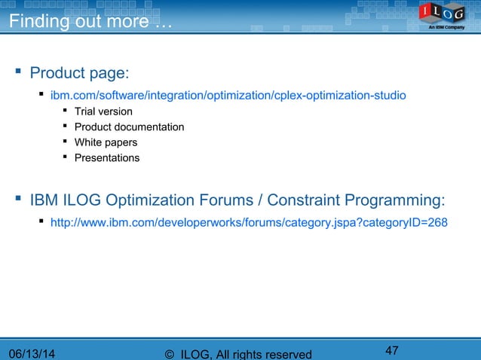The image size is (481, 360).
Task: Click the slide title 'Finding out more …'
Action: (90, 21)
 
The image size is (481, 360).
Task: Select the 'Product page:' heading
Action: (79, 73)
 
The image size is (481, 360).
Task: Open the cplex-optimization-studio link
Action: (228, 96)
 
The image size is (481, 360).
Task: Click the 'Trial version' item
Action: (103, 111)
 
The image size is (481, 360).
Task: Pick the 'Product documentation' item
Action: (129, 127)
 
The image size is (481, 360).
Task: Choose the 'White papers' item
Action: (106, 142)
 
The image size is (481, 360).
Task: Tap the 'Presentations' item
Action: (107, 158)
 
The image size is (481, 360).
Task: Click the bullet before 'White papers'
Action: (66, 142)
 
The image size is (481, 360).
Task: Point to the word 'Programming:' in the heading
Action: (394, 201)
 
